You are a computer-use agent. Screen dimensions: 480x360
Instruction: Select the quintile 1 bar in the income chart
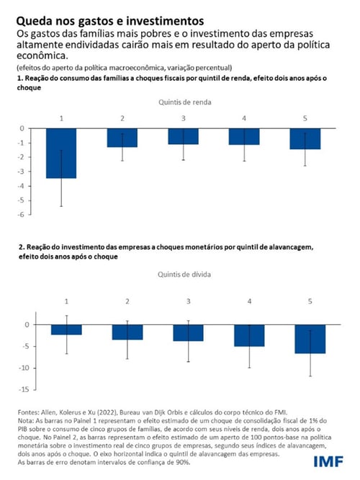pyautogui.click(x=61, y=153)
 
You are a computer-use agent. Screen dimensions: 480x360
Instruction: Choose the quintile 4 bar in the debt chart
pyautogui.click(x=248, y=335)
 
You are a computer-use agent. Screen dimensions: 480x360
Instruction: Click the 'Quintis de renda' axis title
pyautogui.click(x=184, y=103)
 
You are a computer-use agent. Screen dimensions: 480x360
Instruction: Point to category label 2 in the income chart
pyautogui.click(x=122, y=117)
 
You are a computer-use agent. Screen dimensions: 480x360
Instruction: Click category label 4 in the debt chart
pyautogui.click(x=248, y=299)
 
